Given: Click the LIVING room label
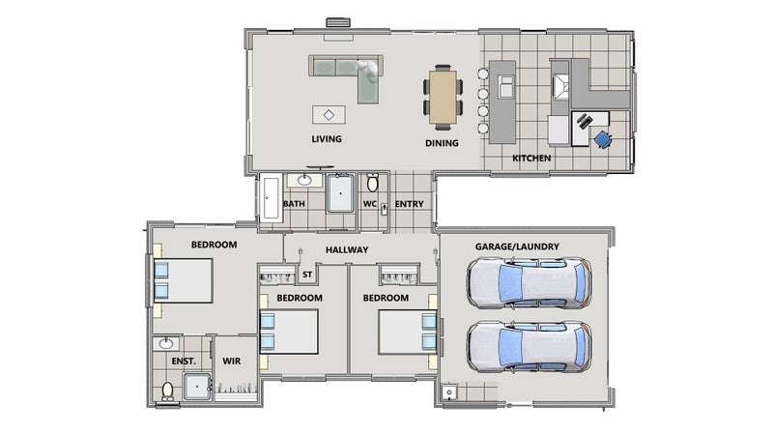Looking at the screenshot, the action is (x=327, y=139).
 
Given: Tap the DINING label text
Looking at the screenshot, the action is (x=442, y=143).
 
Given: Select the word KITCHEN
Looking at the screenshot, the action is (x=531, y=159).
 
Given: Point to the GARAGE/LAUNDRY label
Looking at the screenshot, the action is (x=517, y=246).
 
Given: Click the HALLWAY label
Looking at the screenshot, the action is (x=347, y=250).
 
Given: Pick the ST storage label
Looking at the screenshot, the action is (x=307, y=275).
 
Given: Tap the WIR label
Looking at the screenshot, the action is (x=231, y=361).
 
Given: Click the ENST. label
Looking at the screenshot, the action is (x=184, y=361).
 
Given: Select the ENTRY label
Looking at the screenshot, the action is (x=409, y=204).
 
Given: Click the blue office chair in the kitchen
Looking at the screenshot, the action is (x=602, y=139).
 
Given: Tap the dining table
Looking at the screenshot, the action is (x=443, y=98).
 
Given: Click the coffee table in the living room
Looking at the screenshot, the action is (x=329, y=115).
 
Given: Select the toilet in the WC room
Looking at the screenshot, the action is (x=373, y=183).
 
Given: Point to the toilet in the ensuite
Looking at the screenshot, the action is (x=167, y=391).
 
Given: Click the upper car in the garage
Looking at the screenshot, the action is (x=530, y=283).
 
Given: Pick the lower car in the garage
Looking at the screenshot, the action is (x=530, y=347).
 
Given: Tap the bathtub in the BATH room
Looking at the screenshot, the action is (x=271, y=198).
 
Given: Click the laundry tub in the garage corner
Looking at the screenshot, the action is (x=449, y=392).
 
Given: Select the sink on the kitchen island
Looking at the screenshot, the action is (x=506, y=87).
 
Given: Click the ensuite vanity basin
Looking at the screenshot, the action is (x=166, y=343).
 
